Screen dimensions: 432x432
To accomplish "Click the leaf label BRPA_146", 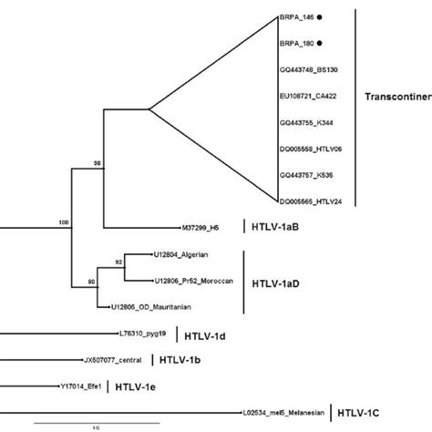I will (294, 16).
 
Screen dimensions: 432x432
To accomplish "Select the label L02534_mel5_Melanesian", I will (283, 411).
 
